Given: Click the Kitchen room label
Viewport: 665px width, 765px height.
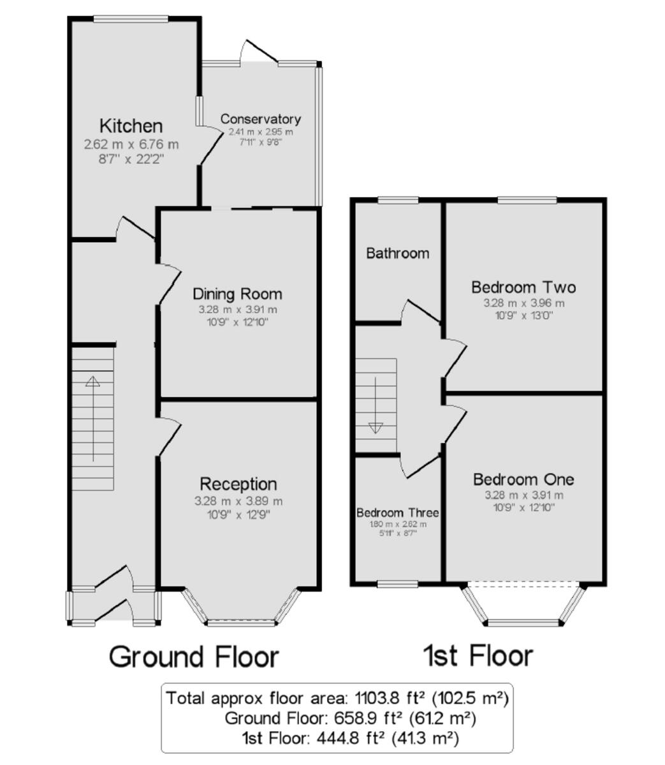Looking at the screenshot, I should point(131,126).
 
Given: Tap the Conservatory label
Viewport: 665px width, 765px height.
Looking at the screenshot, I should point(260,119).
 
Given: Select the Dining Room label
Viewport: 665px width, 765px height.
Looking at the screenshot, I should point(237,294).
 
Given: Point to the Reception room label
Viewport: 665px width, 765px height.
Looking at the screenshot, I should point(238,484).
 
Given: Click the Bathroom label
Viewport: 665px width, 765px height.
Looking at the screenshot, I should point(397,253).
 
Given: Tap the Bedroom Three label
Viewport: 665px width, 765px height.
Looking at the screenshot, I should point(397,513).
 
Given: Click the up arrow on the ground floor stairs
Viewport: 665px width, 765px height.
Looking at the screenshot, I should point(93,382).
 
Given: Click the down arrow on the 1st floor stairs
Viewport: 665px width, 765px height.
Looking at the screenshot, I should point(376,428).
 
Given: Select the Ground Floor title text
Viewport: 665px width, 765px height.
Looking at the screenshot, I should point(194,657).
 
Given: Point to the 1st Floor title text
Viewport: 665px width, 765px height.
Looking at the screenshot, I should point(478,655).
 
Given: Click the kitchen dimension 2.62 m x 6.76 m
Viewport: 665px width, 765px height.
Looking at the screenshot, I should point(131,145).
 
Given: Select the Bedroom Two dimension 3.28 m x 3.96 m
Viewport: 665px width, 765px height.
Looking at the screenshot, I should point(523,303).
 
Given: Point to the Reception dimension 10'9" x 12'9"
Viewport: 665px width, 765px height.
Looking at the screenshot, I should point(238,514).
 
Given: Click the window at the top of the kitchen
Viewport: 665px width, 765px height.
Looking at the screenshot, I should point(131,18).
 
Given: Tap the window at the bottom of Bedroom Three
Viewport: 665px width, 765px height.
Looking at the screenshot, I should point(397,583).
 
